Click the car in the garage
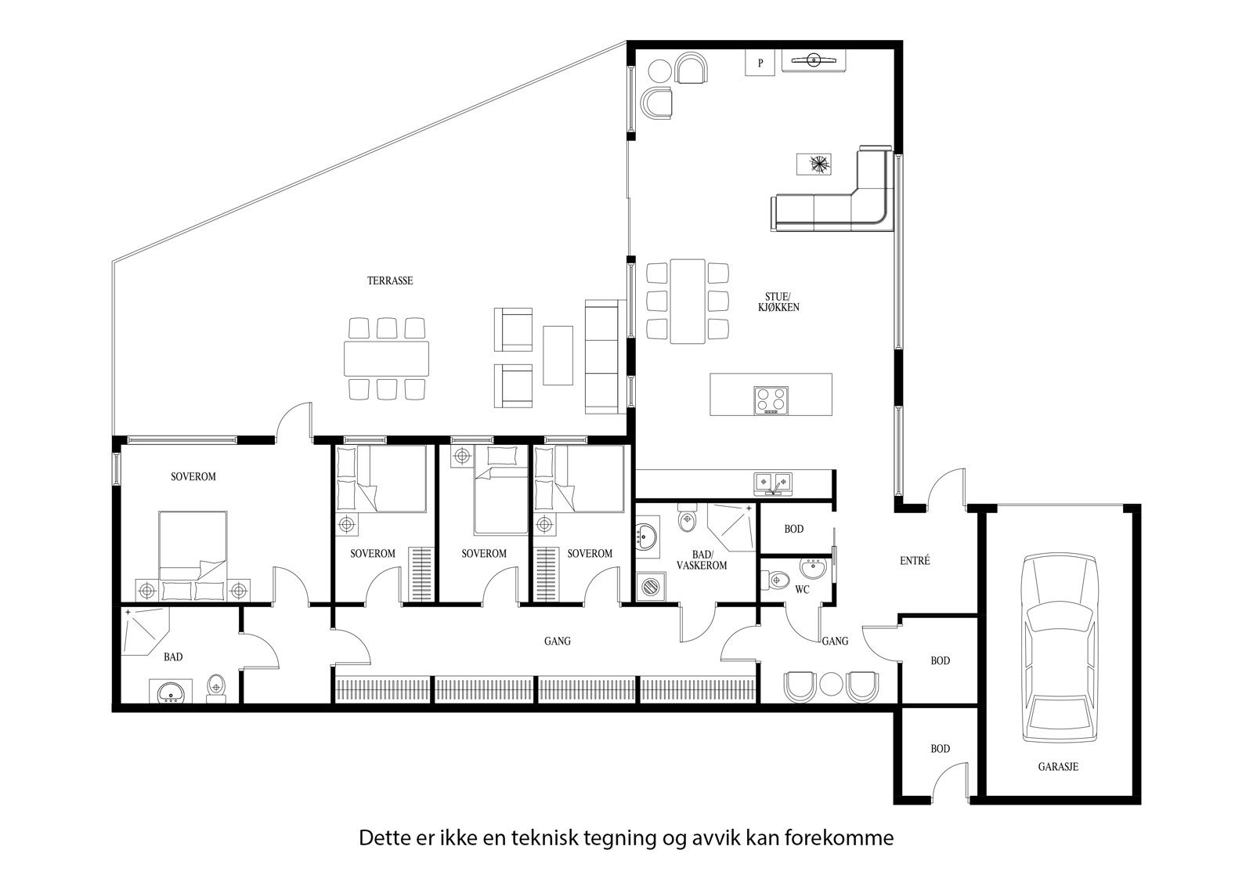(x=1060, y=648)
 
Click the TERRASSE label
(x=390, y=280)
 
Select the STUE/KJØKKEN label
(x=782, y=302)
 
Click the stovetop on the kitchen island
(x=771, y=400)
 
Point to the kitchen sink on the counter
(x=773, y=482)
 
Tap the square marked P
(x=760, y=63)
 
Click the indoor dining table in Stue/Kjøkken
(x=688, y=301)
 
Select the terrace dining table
(x=386, y=358)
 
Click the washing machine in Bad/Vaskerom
(x=650, y=584)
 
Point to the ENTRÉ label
(x=915, y=561)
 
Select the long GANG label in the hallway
(x=558, y=641)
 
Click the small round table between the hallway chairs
(x=830, y=685)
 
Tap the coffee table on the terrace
(x=558, y=355)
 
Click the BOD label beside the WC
(x=794, y=529)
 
